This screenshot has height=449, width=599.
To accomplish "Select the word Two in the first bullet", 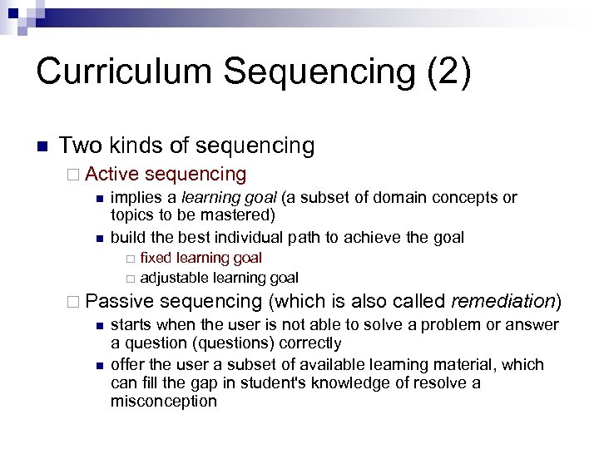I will pyautogui.click(x=78, y=146).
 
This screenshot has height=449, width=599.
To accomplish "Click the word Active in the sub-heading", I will pyautogui.click(x=111, y=174).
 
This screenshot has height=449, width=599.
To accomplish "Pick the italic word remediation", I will pyautogui.click(x=503, y=299).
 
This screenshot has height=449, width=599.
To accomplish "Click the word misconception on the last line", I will pyautogui.click(x=163, y=401).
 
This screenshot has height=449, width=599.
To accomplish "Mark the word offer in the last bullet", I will pyautogui.click(x=127, y=364).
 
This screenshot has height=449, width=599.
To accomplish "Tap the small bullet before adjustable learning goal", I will pyautogui.click(x=130, y=278).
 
